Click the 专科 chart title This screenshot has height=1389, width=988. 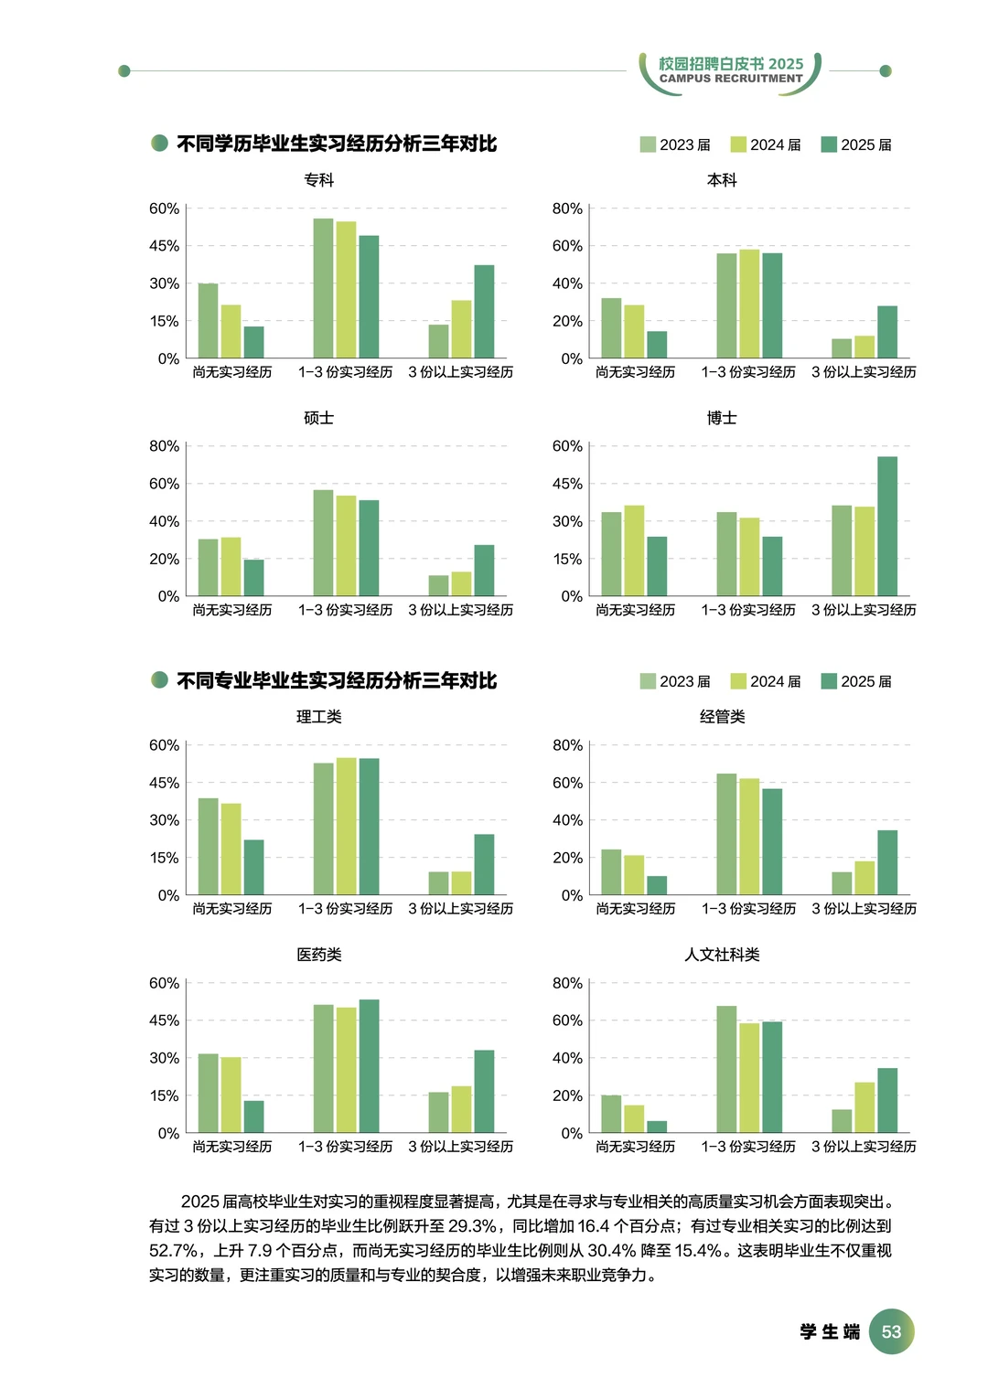coord(318,180)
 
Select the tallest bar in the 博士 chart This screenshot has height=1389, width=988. coord(886,526)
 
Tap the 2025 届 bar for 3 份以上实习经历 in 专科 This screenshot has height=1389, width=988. coord(484,311)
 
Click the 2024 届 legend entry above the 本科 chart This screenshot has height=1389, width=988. coord(766,144)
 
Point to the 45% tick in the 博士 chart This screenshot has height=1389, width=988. coord(567,484)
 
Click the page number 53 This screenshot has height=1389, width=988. coord(891,1331)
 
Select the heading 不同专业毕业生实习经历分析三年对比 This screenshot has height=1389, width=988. coord(336,680)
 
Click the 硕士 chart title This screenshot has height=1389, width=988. coord(318,418)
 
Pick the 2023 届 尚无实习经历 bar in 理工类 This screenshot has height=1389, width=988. coord(209,846)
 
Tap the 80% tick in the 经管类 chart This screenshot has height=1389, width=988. coord(567,745)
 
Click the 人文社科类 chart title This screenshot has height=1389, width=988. coord(722,955)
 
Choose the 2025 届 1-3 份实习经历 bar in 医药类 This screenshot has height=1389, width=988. coord(369,1065)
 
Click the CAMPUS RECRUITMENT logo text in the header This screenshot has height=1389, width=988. coord(731,79)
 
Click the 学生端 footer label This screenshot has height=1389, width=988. coord(830,1331)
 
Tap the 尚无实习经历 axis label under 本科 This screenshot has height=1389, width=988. coord(635,372)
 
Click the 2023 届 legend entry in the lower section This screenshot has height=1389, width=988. coord(675,681)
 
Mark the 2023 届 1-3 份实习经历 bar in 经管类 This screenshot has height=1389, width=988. coord(726,834)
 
